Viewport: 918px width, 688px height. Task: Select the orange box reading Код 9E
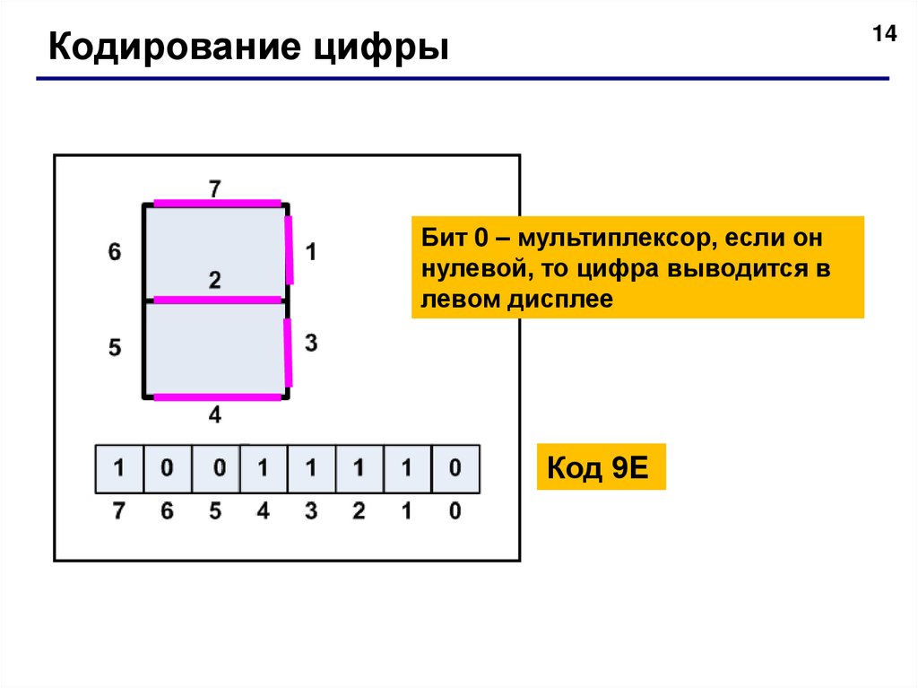(601, 466)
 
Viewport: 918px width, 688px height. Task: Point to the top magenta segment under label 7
(216, 204)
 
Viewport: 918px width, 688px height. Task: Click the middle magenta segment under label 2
(216, 300)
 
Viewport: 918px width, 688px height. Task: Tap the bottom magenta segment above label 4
(216, 396)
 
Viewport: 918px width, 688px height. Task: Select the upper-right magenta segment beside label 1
(290, 249)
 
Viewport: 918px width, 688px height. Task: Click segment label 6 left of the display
(114, 253)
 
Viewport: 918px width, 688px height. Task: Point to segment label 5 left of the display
(114, 348)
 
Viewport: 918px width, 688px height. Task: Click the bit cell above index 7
(119, 469)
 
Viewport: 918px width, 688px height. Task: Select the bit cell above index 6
(168, 469)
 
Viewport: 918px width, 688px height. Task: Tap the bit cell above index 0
(455, 469)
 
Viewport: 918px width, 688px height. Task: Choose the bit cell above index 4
(264, 469)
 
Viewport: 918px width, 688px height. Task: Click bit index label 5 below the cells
(215, 512)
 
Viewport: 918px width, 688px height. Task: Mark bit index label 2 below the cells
(359, 512)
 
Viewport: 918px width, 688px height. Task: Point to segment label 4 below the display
(215, 415)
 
